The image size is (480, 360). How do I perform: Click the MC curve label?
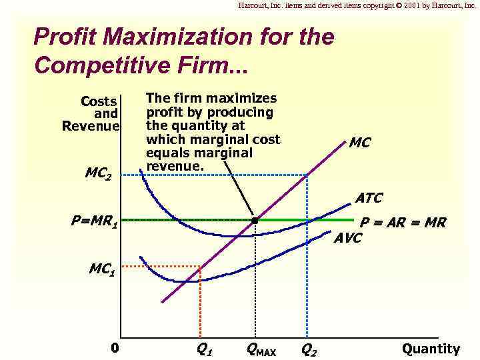click(x=359, y=143)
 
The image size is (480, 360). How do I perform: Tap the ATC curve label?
click(x=369, y=198)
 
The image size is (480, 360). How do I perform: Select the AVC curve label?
click(x=347, y=238)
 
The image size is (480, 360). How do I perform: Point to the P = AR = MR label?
click(x=403, y=223)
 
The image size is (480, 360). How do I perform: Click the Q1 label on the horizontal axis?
click(x=204, y=349)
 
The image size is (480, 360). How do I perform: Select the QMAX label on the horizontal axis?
click(x=261, y=349)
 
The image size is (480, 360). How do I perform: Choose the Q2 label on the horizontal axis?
click(x=309, y=349)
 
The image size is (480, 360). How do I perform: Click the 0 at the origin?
click(x=115, y=348)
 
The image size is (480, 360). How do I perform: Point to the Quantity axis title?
click(x=431, y=349)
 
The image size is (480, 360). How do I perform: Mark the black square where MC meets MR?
click(x=255, y=219)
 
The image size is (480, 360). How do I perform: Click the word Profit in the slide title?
click(x=64, y=36)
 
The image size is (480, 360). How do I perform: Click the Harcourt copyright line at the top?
click(x=357, y=5)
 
